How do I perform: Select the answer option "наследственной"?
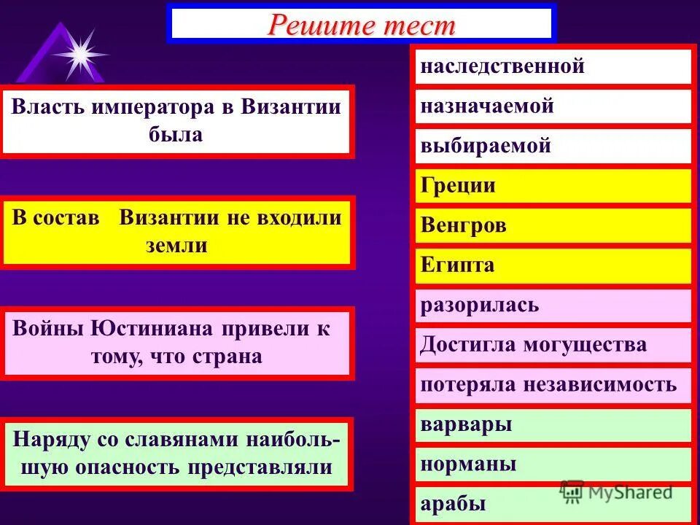[502, 67]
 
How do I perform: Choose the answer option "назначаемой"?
[487, 106]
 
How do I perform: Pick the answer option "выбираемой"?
[486, 146]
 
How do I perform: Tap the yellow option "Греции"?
[458, 185]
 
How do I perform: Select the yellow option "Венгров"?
[463, 225]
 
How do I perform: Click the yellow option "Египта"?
[457, 265]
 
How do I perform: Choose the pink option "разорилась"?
[479, 305]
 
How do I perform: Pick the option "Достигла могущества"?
[533, 344]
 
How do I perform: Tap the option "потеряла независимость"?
[548, 384]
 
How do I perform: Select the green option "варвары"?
[466, 424]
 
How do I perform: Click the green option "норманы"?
[468, 464]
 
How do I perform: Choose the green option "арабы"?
[453, 504]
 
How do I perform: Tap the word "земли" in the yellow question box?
[176, 246]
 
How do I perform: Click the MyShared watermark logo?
[616, 491]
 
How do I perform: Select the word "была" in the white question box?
[177, 135]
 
